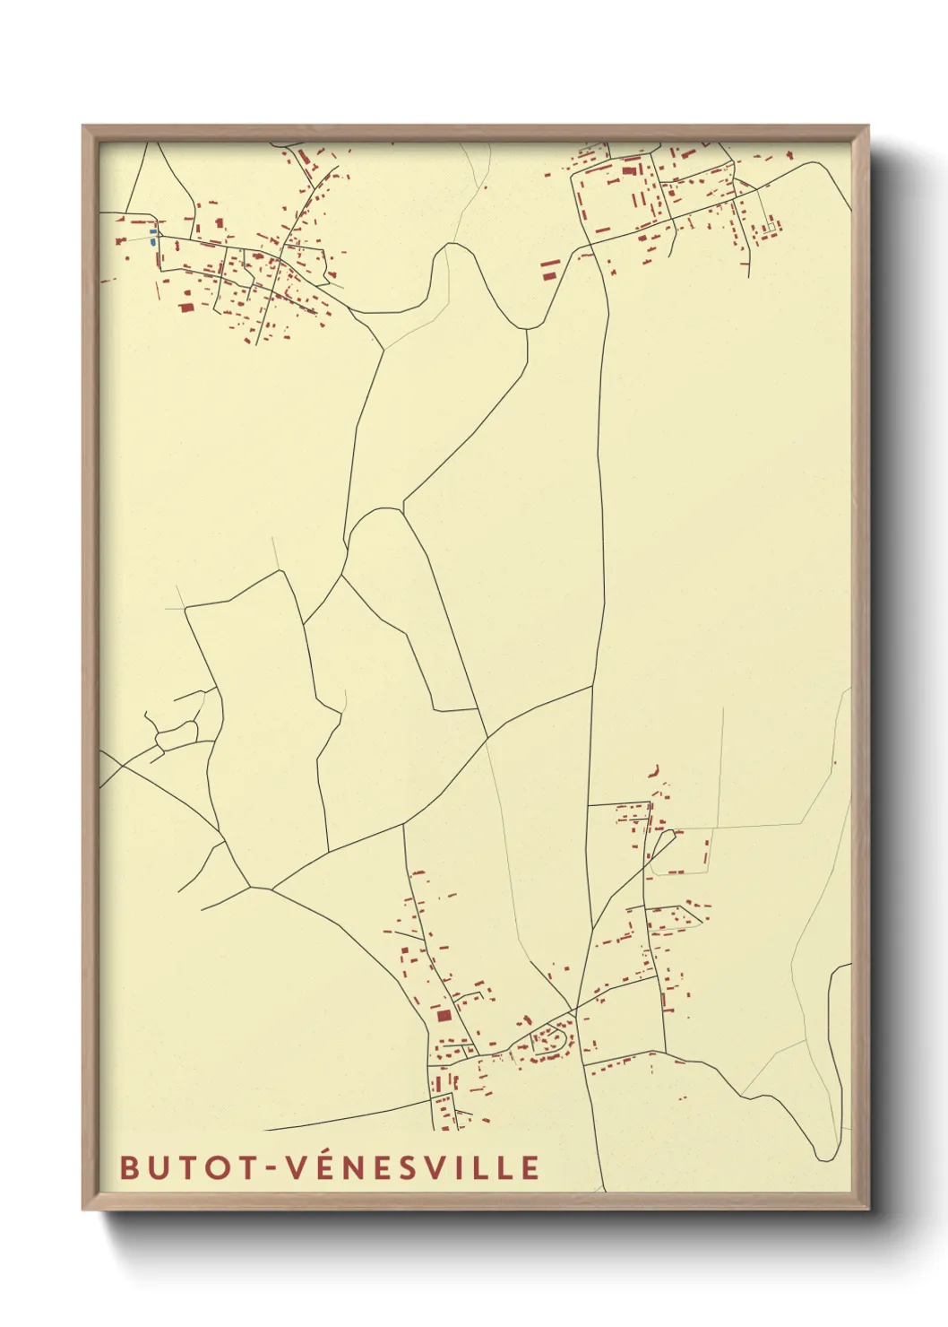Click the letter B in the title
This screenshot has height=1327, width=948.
pos(129,1167)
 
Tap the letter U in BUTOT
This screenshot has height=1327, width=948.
pos(158,1167)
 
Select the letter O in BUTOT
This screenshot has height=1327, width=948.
pos(217,1167)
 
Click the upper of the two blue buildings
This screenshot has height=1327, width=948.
pos(153,231)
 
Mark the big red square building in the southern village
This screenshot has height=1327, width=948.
pos(443,1016)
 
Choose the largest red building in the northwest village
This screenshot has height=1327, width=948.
pos(186,308)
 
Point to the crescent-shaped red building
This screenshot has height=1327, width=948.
pos(656,771)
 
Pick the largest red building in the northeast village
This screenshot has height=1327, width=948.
pos(627,169)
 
